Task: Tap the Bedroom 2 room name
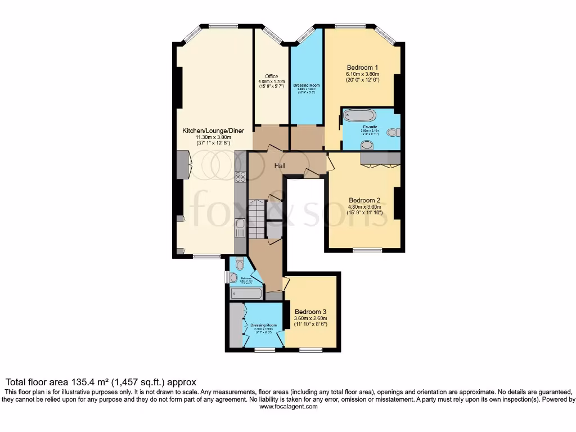[x=364, y=200]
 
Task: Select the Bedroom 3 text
[x=310, y=312]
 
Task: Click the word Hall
[x=280, y=166]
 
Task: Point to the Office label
[x=272, y=76]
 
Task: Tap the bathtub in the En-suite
[x=358, y=116]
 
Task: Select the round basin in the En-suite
[x=367, y=145]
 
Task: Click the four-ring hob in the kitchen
[x=240, y=176]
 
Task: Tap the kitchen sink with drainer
[x=240, y=228]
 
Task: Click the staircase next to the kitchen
[x=256, y=219]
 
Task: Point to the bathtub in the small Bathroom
[x=246, y=292]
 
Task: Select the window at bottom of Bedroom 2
[x=367, y=250]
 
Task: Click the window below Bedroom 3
[x=310, y=350]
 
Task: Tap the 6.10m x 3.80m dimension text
[x=362, y=74]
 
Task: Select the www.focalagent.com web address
[x=288, y=407]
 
